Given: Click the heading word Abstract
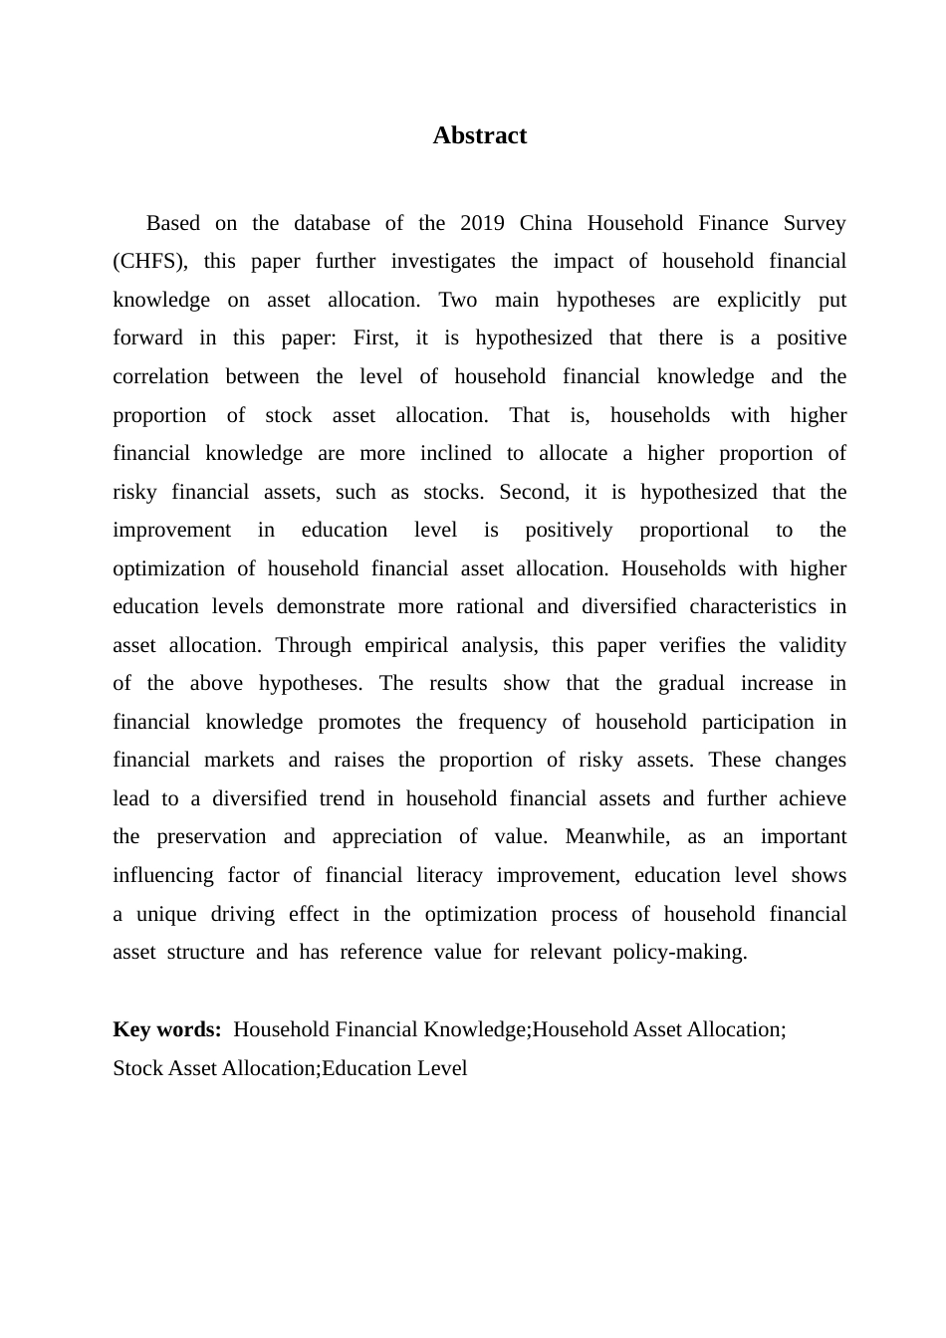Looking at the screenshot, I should click(x=479, y=136).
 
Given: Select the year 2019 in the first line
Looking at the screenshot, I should click(x=482, y=223).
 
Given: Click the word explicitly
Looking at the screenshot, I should click(x=759, y=301).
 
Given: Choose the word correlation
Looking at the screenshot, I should click(x=160, y=377).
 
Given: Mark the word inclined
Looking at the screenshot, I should click(x=455, y=454).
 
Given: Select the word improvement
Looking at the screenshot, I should click(x=171, y=531).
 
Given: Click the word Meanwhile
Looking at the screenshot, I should click(x=612, y=837).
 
